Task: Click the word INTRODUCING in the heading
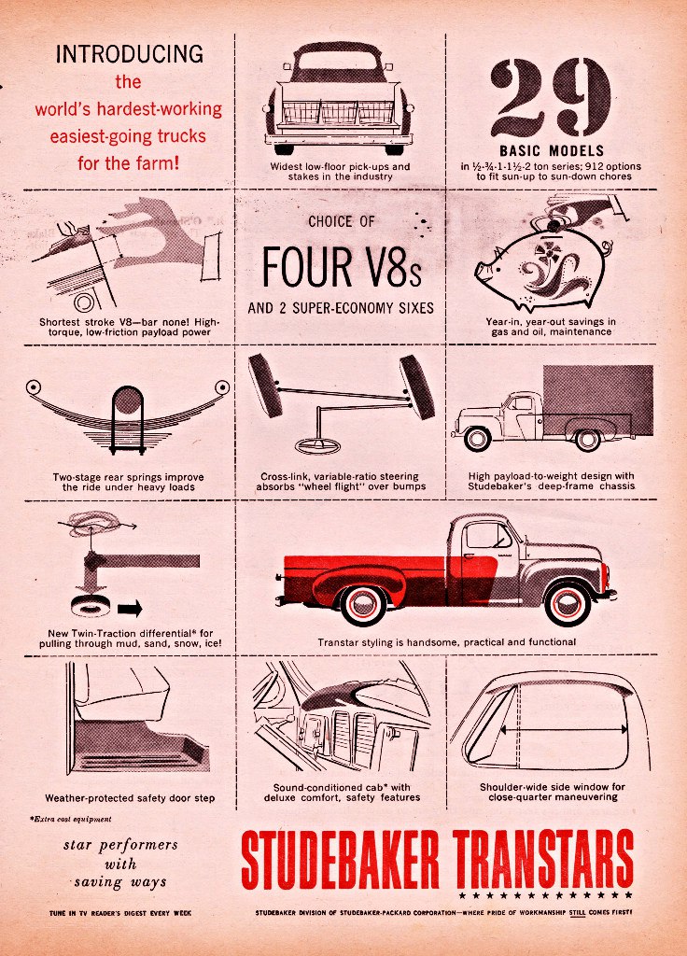click(129, 53)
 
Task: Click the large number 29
click(551, 97)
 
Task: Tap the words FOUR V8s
click(342, 266)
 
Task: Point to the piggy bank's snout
click(482, 270)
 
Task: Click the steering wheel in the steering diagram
click(317, 445)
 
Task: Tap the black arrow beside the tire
click(130, 608)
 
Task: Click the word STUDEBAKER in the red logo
click(340, 860)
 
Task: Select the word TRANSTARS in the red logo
click(543, 860)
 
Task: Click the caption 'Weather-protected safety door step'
click(130, 797)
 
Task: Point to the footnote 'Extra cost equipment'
click(71, 819)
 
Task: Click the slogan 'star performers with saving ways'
click(120, 864)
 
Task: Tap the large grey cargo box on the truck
click(598, 400)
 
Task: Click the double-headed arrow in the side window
click(564, 728)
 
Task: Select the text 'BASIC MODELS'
click(552, 150)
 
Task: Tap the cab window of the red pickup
click(487, 535)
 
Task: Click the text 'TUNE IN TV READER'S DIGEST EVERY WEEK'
click(120, 913)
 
